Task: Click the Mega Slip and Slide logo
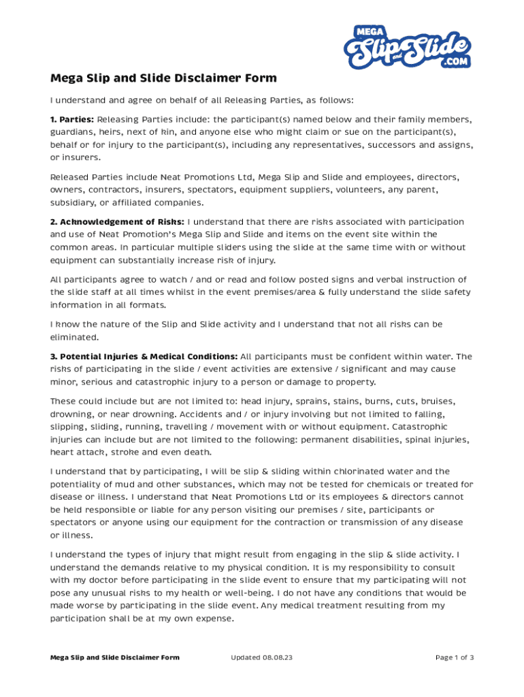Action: tap(407, 46)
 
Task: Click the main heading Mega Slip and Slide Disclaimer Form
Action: tap(163, 78)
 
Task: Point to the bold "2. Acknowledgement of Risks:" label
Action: tap(117, 222)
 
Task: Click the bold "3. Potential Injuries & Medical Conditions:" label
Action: tap(144, 357)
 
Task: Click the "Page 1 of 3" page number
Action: tap(454, 658)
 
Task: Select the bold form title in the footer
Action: tap(115, 658)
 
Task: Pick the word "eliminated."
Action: tap(74, 337)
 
